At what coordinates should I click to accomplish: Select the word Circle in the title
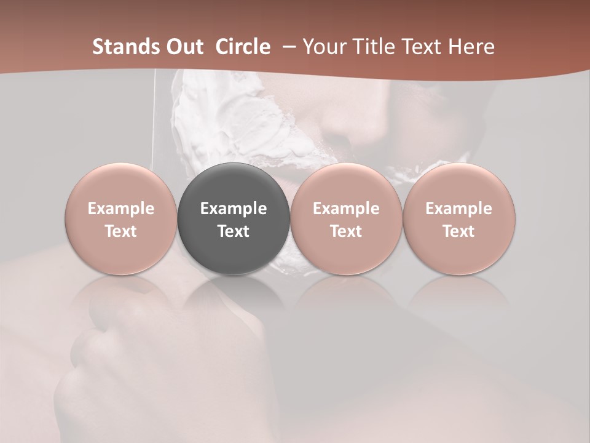point(243,47)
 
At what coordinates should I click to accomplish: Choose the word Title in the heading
point(374,47)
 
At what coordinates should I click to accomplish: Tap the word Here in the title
point(471,47)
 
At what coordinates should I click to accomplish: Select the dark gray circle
point(234,219)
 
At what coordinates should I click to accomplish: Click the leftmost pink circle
point(121,219)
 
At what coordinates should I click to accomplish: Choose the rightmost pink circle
point(458,219)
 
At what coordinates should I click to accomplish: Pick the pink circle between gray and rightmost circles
point(346,219)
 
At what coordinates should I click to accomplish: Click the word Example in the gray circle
point(234,209)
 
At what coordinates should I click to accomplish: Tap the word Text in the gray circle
point(234,231)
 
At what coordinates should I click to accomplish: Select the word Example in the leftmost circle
point(121,209)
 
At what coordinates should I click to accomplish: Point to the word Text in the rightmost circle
point(458,231)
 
